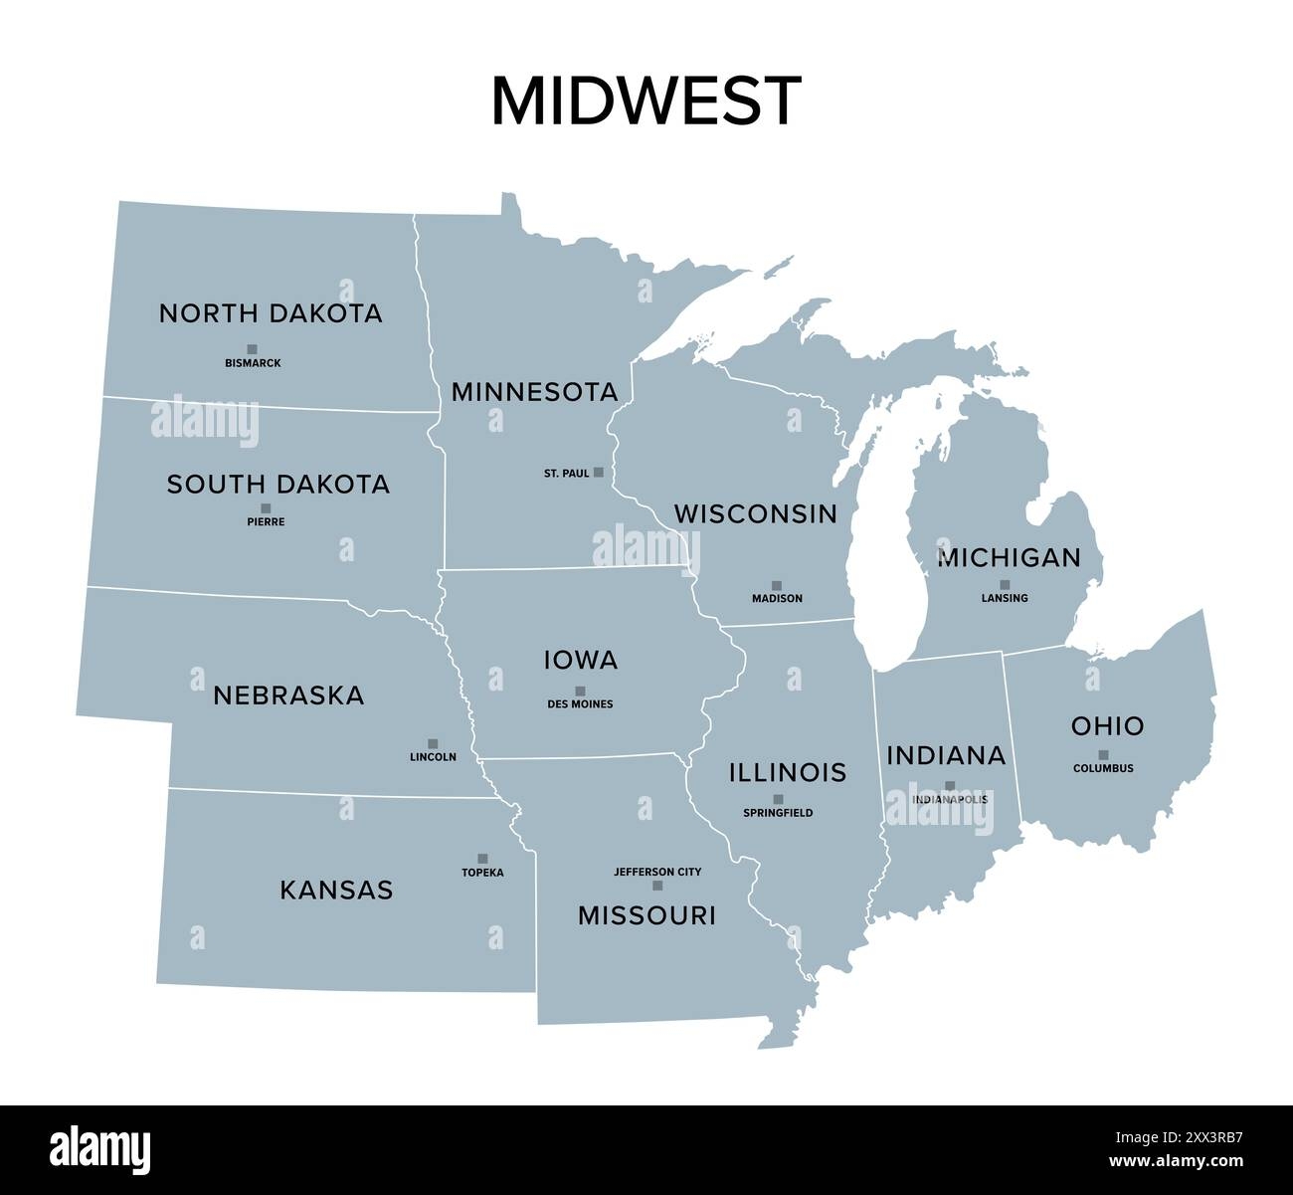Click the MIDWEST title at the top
(646, 100)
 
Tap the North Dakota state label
(271, 313)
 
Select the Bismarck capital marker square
(252, 349)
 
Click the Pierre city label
(266, 521)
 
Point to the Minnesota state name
(534, 392)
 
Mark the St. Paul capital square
(598, 473)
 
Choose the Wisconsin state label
(755, 513)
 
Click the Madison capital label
(777, 599)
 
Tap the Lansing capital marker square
(1005, 585)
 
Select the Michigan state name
(1009, 558)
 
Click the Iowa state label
(581, 660)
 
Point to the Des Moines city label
(580, 704)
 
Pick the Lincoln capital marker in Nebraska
(433, 743)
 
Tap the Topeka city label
(482, 873)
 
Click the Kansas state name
(336, 890)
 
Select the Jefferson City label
(657, 872)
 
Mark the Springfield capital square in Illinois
(778, 799)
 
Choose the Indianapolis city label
(950, 799)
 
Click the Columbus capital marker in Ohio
(1103, 754)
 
